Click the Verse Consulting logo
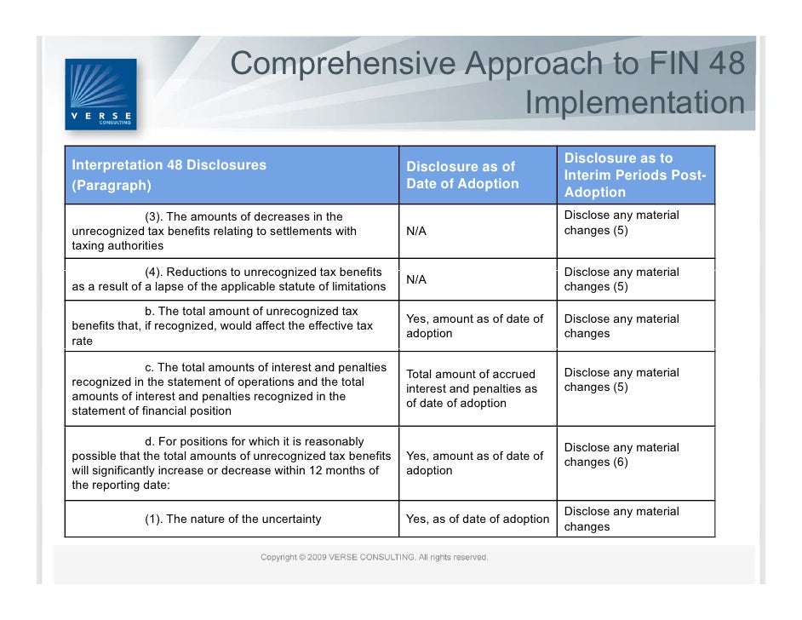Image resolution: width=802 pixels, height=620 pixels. click(100, 93)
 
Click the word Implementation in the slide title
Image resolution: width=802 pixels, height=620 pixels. click(634, 103)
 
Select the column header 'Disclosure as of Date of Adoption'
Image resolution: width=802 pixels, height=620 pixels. click(462, 175)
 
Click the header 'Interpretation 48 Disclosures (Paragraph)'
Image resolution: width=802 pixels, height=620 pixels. click(169, 174)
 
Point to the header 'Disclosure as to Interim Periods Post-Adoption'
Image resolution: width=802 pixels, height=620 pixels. click(635, 175)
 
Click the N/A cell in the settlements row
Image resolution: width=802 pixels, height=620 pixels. click(416, 231)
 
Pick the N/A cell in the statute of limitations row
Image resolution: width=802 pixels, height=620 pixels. click(416, 279)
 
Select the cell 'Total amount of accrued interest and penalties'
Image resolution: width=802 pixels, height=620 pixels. click(472, 388)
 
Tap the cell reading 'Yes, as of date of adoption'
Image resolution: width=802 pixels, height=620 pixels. click(478, 519)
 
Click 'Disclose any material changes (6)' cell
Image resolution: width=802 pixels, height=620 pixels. click(622, 455)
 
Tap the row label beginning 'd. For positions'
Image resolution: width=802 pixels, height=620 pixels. click(231, 463)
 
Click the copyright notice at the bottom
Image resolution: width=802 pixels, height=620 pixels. click(374, 558)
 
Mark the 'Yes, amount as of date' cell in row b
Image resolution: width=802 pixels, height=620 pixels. click(474, 326)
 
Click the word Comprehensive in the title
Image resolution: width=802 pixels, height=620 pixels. click(343, 63)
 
